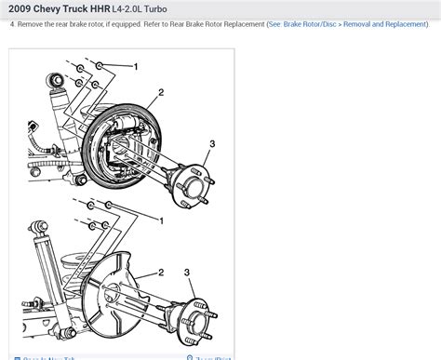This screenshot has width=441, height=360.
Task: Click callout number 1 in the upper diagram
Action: click(x=136, y=67)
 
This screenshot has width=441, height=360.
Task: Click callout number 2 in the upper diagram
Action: click(x=161, y=92)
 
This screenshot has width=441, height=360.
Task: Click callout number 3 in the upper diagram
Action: click(x=212, y=143)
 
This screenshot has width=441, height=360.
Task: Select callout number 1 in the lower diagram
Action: click(x=162, y=220)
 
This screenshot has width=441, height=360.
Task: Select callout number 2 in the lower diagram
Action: click(x=161, y=273)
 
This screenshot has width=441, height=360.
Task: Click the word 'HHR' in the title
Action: click(x=134, y=10)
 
